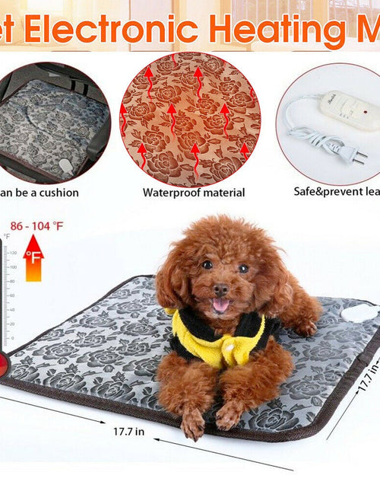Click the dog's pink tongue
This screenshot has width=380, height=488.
pyautogui.click(x=221, y=305)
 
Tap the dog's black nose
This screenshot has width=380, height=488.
pyautogui.click(x=220, y=290)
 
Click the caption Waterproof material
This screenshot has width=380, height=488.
pyautogui.click(x=194, y=193)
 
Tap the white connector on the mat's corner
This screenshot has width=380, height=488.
pyautogui.click(x=357, y=313)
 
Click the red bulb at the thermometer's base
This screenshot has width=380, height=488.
pyautogui.click(x=4, y=363)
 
